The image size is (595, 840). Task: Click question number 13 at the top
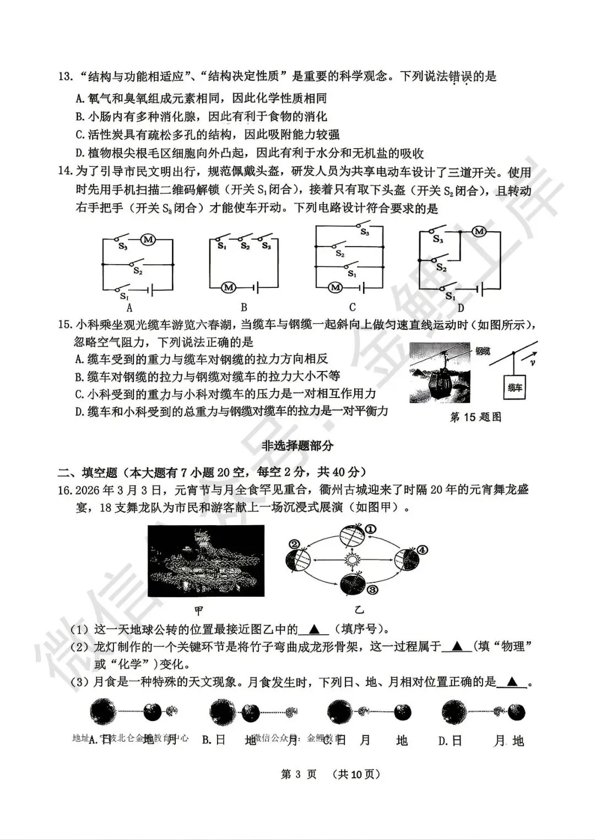[x=65, y=76]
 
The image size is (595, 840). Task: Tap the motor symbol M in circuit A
[x=147, y=239]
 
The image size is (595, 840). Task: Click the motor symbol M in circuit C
[x=335, y=287]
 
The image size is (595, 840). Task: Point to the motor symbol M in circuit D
[x=479, y=231]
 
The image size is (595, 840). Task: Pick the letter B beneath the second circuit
[x=244, y=307]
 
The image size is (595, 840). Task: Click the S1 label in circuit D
[x=450, y=297]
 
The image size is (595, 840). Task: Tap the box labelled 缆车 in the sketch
[x=515, y=388]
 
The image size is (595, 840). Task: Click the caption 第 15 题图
[x=476, y=417]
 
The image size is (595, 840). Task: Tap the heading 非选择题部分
[x=297, y=446]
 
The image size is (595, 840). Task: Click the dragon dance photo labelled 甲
[x=206, y=560]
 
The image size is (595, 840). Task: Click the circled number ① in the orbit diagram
[x=371, y=529]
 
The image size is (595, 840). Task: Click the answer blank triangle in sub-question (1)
[x=314, y=629]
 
